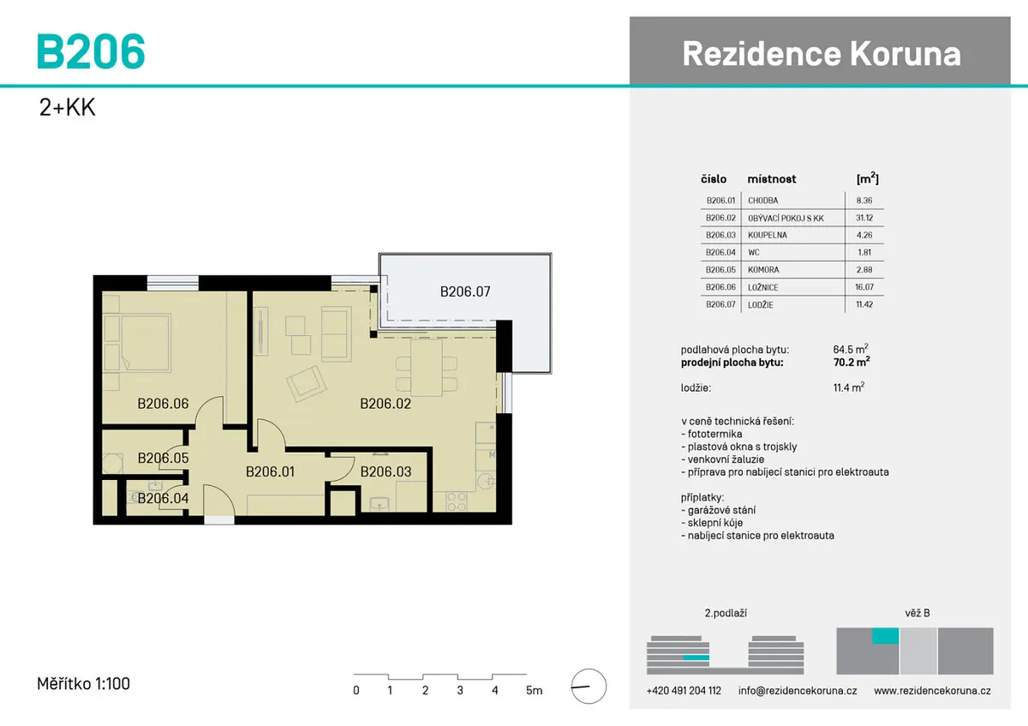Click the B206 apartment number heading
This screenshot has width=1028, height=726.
pos(91,51)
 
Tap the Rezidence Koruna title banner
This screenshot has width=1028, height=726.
pos(820,51)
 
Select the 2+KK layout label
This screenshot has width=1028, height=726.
pos(67,107)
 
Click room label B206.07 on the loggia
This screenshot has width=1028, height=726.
pos(465,291)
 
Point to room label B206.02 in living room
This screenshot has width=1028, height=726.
pos(385,404)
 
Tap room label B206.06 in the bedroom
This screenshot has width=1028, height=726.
pos(163,404)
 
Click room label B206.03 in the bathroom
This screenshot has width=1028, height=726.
pos(385,471)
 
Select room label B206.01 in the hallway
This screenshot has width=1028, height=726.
pos(270,471)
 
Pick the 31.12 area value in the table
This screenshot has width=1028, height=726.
pos(864,218)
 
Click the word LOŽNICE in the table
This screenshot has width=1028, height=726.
pos(762,287)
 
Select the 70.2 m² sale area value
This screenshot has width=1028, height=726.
pos(852,362)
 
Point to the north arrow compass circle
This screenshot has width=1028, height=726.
pos(589,687)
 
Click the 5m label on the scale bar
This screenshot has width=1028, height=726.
pos(535,690)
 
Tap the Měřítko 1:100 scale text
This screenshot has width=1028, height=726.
pos(84,684)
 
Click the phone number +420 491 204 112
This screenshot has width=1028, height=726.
pos(684,691)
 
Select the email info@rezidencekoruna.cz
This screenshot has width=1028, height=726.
pos(798,691)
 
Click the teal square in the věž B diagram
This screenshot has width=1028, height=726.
pos(885,635)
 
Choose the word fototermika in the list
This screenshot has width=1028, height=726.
pos(714,434)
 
